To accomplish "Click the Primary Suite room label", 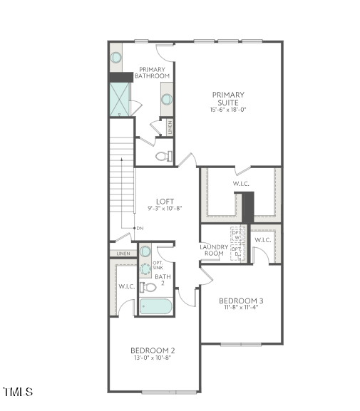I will pos(227,98).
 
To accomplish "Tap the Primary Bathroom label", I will pos(153,72).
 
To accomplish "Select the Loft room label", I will pos(165,202).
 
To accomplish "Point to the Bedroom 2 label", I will pos(153,350).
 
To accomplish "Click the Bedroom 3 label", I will pos(241,301).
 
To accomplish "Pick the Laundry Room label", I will pos(214,250).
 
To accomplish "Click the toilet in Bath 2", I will pos(148,287).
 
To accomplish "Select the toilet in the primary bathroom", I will pos(163,157).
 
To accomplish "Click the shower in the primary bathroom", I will pos(120,100).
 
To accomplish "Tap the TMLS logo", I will pos(18,392).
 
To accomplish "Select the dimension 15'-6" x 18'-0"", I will pos(227,110).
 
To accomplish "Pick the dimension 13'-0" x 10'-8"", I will pos(153,358).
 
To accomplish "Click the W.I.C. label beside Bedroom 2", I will pos(127,286).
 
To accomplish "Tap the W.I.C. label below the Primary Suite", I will pos(240,184).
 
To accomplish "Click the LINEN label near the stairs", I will pos(123,254).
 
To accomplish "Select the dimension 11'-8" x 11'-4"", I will pos(241,309).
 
